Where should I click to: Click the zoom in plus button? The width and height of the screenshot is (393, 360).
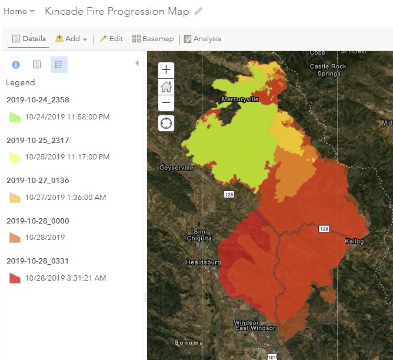click(x=166, y=69)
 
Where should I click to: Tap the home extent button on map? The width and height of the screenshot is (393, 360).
click(x=166, y=86)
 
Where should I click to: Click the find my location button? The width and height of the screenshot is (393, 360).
click(x=166, y=123)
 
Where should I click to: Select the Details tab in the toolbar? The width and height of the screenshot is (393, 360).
click(x=29, y=39)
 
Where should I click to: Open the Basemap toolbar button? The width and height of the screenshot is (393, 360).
click(x=153, y=39)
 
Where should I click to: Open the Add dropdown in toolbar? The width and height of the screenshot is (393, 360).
click(x=71, y=39)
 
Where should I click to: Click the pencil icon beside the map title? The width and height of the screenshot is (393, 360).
click(x=198, y=11)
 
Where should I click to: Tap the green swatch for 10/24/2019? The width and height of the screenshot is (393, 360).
click(x=15, y=117)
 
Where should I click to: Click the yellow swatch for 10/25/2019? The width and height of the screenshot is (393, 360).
click(x=15, y=157)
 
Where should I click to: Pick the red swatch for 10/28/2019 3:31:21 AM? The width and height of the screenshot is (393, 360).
click(x=15, y=278)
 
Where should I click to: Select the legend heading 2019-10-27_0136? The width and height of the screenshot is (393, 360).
click(x=38, y=181)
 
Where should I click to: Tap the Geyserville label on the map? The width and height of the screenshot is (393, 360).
click(x=176, y=168)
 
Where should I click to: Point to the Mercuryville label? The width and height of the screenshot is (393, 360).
click(x=240, y=100)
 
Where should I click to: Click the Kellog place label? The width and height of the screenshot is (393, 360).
click(x=354, y=242)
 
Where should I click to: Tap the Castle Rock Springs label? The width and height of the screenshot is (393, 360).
click(x=328, y=70)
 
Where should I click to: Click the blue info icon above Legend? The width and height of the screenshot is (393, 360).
click(x=16, y=65)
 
